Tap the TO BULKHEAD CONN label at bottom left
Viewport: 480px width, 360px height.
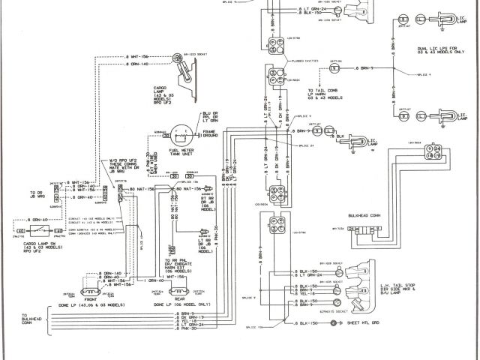(x=34, y=319)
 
